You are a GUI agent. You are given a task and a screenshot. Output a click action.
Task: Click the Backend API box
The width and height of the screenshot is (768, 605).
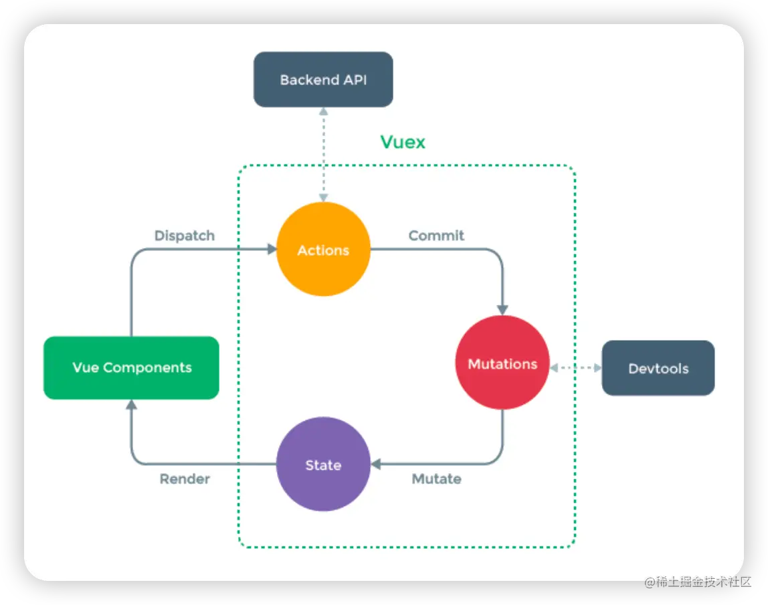pos(323,80)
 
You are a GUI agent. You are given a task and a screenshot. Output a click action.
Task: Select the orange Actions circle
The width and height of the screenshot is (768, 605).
pos(323,250)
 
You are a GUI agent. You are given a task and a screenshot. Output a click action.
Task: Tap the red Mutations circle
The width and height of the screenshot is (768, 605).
pos(502,363)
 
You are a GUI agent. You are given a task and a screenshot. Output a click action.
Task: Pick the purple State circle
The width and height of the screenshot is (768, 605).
pos(323,464)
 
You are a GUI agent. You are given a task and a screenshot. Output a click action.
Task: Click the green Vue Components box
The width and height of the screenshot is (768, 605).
pos(131,367)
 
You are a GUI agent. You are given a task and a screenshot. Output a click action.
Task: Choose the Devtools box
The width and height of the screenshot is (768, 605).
pos(658,368)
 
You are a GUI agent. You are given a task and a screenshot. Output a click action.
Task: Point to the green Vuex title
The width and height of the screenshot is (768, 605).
pos(403,142)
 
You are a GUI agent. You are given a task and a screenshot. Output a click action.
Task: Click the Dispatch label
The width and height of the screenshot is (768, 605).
pos(185,236)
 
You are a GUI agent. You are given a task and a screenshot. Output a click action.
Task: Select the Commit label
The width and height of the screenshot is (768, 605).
pos(436,236)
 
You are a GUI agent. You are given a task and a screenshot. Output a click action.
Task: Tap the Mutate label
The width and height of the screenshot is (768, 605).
pos(436,479)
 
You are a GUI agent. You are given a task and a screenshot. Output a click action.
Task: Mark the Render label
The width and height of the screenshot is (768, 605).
pos(185,479)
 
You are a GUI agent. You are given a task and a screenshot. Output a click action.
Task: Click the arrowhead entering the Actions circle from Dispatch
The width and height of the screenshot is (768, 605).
pos(272,249)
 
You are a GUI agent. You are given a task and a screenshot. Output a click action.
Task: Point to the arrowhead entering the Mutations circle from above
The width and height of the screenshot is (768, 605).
pos(502,310)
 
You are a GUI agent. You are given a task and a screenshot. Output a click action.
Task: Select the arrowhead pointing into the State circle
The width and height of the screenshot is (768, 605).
pos(376,464)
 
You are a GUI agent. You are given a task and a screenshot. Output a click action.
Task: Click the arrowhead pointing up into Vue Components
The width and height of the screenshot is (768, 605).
pos(131,405)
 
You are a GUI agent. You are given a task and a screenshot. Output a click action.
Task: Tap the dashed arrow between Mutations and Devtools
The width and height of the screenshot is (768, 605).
pos(575,367)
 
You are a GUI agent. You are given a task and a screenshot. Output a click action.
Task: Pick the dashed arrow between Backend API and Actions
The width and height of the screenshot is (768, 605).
pos(323,154)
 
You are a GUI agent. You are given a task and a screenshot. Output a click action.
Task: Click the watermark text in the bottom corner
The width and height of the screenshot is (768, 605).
pos(696,581)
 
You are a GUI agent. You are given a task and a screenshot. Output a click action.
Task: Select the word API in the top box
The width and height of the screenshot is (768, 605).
pos(353,80)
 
